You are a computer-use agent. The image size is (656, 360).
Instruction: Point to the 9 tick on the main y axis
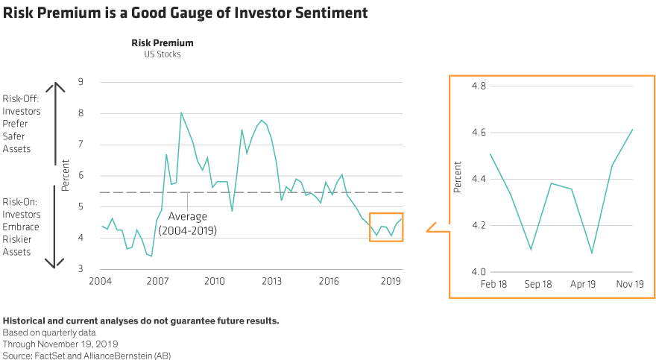pos(81,82)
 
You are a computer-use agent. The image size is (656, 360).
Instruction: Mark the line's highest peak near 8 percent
pos(181,113)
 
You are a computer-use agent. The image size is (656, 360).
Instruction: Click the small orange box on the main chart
pos(387,227)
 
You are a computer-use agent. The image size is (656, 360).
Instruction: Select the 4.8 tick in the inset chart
pos(479,86)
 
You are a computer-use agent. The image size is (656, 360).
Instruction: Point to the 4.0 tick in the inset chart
pos(479,272)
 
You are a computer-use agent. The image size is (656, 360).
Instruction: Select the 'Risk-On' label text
pos(22,203)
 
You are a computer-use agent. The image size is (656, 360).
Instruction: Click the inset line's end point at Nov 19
pos(633,130)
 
